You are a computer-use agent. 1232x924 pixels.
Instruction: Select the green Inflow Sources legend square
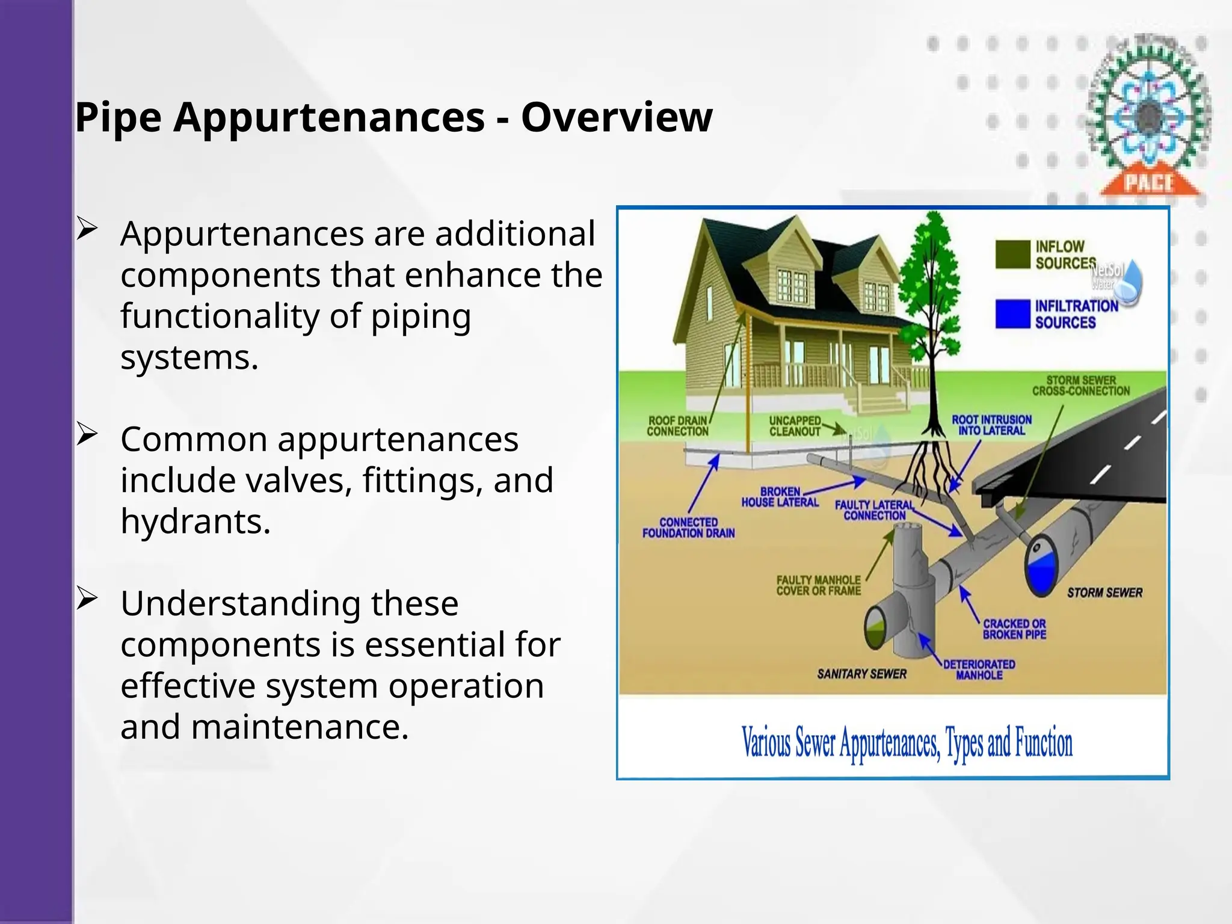click(x=1012, y=254)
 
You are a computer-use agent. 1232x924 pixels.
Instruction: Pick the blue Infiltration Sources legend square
click(x=1012, y=313)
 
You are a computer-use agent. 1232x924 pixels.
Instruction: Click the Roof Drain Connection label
click(x=678, y=426)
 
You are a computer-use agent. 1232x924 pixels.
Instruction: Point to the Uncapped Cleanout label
click(x=795, y=426)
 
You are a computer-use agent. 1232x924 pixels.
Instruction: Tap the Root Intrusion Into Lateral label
click(x=991, y=425)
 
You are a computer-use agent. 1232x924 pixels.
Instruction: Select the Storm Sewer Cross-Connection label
click(x=1081, y=386)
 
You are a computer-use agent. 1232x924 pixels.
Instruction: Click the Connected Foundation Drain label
click(x=688, y=528)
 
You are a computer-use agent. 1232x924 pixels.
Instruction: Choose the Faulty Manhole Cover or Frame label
click(x=818, y=585)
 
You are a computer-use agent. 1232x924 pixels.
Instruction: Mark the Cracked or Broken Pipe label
click(x=1014, y=629)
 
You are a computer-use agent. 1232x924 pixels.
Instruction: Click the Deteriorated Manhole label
click(x=979, y=670)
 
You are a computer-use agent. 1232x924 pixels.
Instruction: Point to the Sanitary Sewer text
click(x=861, y=674)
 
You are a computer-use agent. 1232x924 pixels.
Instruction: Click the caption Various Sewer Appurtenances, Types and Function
click(x=907, y=743)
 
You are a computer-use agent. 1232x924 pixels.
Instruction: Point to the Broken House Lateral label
click(x=780, y=497)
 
